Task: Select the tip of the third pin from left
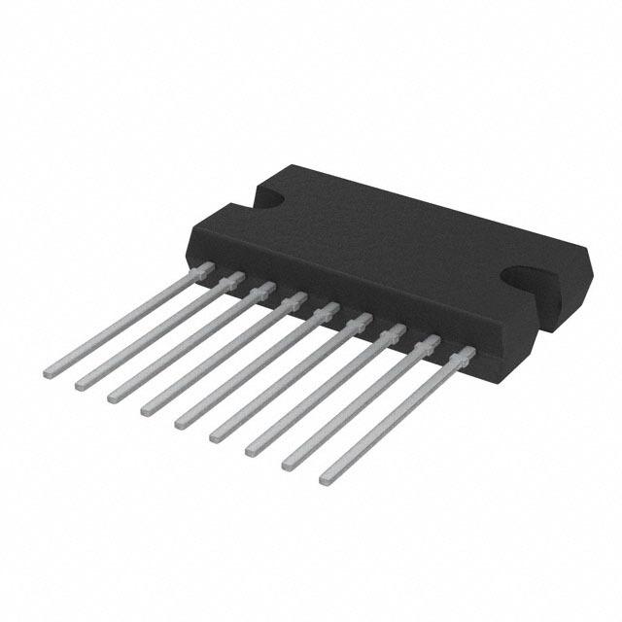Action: click(113, 396)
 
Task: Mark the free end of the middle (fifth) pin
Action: click(181, 423)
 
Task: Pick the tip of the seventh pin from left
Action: click(252, 449)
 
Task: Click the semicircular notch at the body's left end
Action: click(267, 196)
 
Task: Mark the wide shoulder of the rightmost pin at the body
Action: click(465, 354)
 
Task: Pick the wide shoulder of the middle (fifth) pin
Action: click(328, 311)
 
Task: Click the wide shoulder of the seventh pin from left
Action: click(394, 332)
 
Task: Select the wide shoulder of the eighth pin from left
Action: click(428, 343)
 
